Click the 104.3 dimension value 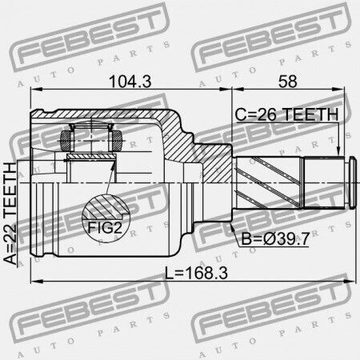130,81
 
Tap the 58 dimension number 288,81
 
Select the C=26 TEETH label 286,114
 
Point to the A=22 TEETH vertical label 10,214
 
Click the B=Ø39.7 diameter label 275,238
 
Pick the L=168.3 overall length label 196,273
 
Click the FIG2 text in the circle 105,227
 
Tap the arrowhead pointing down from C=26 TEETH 338,150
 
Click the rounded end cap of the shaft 352,182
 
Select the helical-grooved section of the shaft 269,182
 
